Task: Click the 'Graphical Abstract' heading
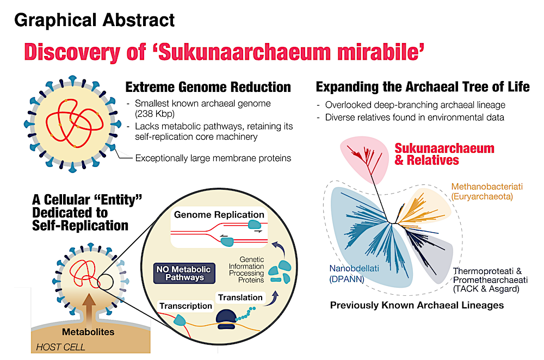pyautogui.click(x=95, y=20)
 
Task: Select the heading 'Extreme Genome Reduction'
pyautogui.click(x=208, y=87)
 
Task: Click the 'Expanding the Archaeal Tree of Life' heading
pyautogui.click(x=423, y=87)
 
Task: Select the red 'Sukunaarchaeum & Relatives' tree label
pyautogui.click(x=444, y=154)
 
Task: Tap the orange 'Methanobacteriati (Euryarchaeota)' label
pyautogui.click(x=486, y=191)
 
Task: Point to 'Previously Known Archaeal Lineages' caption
pyautogui.click(x=417, y=305)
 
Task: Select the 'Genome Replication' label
pyautogui.click(x=219, y=215)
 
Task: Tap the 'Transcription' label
pyautogui.click(x=186, y=306)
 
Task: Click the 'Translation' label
pyautogui.click(x=240, y=297)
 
